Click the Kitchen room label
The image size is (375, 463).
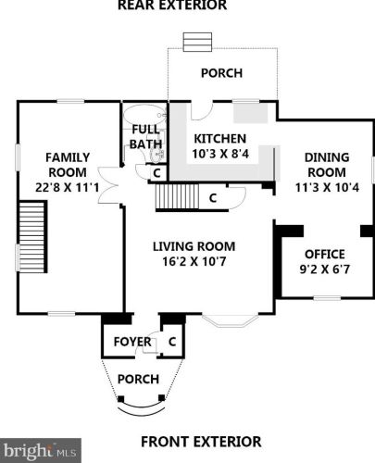pyautogui.click(x=220, y=139)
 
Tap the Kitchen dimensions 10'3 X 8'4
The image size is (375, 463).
pyautogui.click(x=220, y=154)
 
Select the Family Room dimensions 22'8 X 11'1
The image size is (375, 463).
pyautogui.click(x=67, y=187)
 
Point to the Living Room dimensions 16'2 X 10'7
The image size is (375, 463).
pyautogui.click(x=194, y=261)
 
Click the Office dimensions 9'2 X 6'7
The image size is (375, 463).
pyautogui.click(x=325, y=269)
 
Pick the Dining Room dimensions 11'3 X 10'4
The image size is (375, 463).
pyautogui.click(x=327, y=187)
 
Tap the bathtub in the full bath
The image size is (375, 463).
pyautogui.click(x=144, y=115)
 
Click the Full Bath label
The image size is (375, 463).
pyautogui.click(x=145, y=137)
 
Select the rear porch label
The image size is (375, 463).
pyautogui.click(x=221, y=73)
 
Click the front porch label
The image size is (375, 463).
pyautogui.click(x=138, y=379)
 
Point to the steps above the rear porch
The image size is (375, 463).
pyautogui.click(x=197, y=42)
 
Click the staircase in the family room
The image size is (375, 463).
pyautogui.click(x=32, y=237)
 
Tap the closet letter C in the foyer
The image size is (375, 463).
pyautogui.click(x=172, y=342)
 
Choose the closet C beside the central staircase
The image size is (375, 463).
pyautogui.click(x=213, y=198)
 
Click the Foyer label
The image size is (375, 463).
pyautogui.click(x=132, y=342)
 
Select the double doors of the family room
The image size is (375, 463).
pyautogui.click(x=108, y=185)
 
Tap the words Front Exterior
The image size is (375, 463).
pyautogui.click(x=201, y=442)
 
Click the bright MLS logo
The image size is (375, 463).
pyautogui.click(x=41, y=451)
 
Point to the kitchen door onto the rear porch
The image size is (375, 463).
pyautogui.click(x=202, y=110)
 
